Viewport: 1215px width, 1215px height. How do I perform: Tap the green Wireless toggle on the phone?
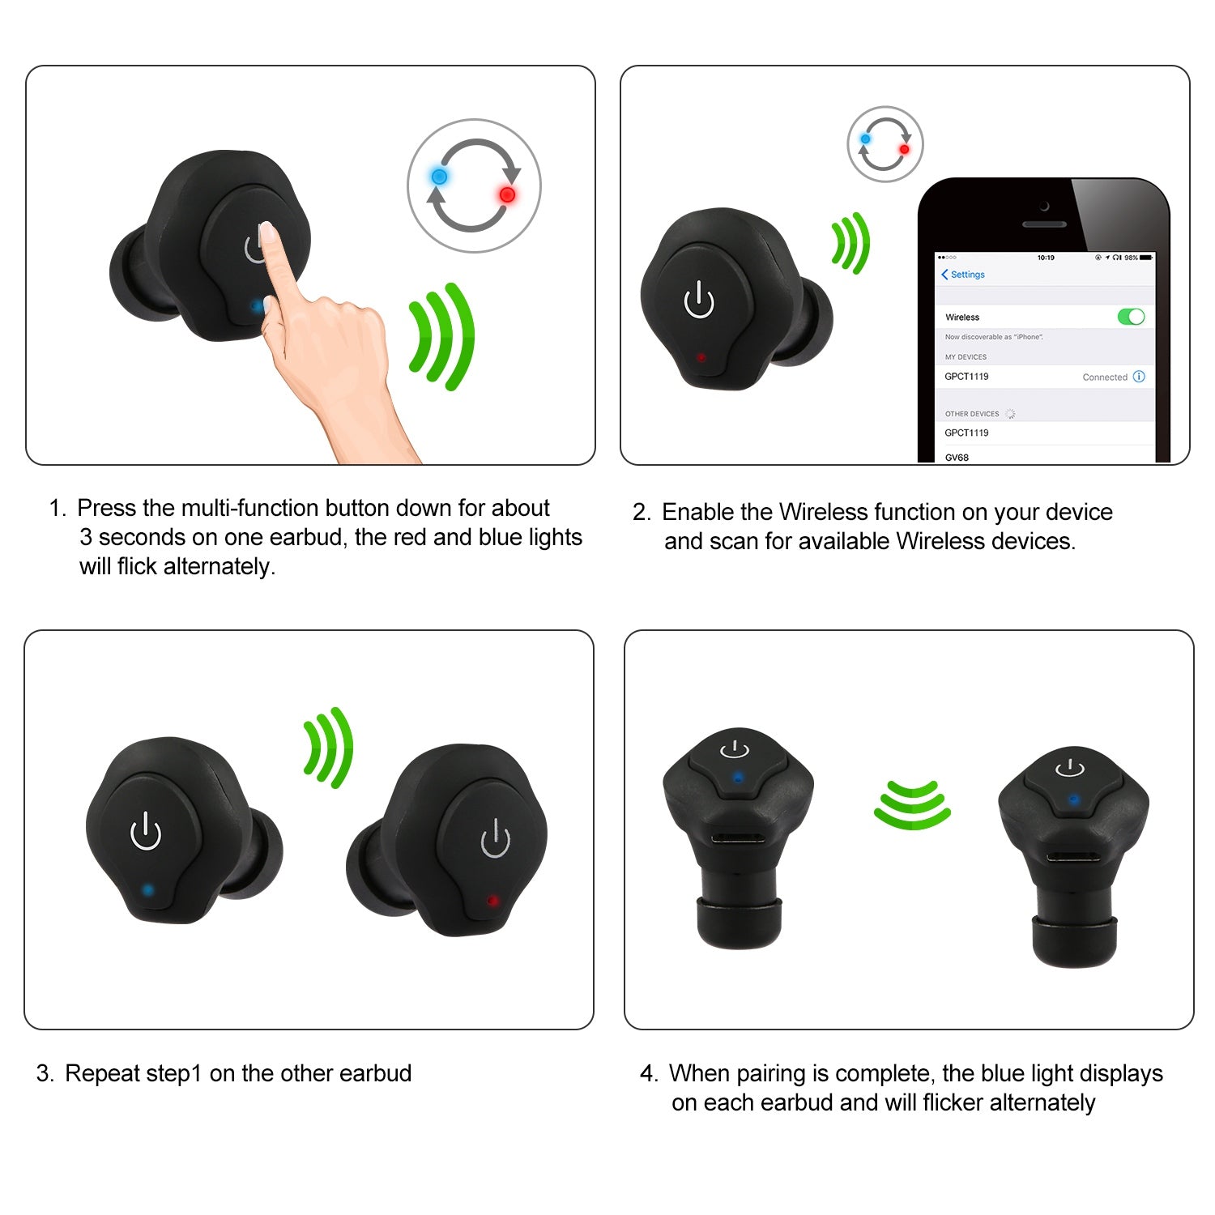[1131, 317]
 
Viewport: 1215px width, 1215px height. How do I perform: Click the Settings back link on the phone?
[963, 275]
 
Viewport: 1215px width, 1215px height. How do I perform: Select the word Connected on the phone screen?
[1105, 377]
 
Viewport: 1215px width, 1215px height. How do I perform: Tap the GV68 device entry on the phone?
[957, 457]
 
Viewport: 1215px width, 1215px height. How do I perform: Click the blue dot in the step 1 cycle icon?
[439, 177]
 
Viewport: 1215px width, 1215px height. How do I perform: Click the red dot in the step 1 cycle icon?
[508, 194]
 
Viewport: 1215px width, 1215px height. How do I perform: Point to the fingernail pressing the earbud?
[268, 236]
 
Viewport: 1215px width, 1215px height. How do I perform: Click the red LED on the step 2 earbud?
[701, 357]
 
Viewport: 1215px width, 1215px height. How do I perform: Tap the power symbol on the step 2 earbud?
[699, 301]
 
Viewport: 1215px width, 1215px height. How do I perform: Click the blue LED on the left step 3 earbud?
[147, 889]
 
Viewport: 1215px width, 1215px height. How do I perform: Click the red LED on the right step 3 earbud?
[492, 900]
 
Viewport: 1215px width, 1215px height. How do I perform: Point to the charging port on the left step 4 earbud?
[738, 840]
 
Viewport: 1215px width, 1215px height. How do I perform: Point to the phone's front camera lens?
[1044, 207]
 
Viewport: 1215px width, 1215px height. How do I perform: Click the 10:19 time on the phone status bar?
[1046, 258]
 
